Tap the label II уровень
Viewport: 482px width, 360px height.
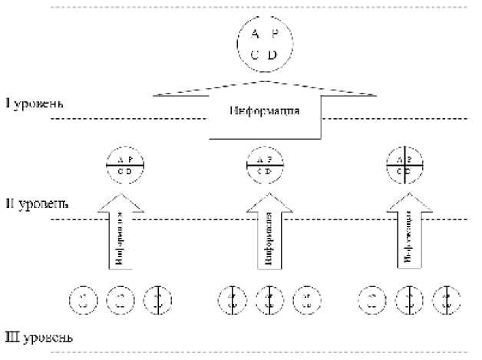(x=36, y=204)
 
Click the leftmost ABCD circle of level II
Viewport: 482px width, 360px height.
(x=125, y=164)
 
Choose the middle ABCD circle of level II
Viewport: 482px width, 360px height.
(x=266, y=164)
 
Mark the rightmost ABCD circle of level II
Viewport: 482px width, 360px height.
(x=406, y=164)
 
